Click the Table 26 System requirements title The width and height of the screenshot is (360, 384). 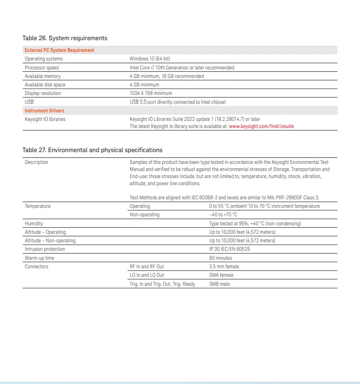(x=65, y=38)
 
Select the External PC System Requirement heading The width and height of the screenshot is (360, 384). (x=59, y=50)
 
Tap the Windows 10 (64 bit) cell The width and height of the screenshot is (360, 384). (x=150, y=59)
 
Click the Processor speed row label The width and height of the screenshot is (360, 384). (x=42, y=68)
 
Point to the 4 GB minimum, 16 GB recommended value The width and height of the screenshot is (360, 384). (x=167, y=76)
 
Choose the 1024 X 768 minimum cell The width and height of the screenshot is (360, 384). (x=151, y=93)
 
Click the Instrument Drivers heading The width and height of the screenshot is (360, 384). (x=44, y=111)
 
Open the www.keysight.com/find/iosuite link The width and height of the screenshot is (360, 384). (x=261, y=126)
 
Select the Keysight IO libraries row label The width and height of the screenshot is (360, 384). (x=45, y=119)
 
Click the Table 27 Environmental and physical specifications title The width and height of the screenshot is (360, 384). (x=92, y=150)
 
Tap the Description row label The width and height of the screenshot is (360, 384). (x=36, y=162)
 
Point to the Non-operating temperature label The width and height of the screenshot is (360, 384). (x=144, y=214)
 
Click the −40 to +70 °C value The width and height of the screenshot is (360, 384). (x=223, y=214)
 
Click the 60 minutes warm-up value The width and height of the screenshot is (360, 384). (x=220, y=258)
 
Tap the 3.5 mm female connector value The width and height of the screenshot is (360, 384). (x=224, y=266)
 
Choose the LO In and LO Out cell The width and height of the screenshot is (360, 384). (x=147, y=275)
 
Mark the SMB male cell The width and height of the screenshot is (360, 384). (x=219, y=284)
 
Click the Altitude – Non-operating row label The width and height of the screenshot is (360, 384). (x=50, y=240)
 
